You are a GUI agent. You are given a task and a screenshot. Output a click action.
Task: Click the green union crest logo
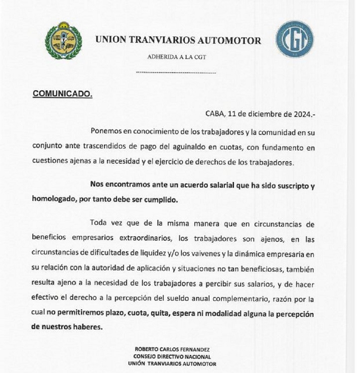point(63,41)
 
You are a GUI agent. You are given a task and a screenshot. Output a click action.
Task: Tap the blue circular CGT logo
point(295,39)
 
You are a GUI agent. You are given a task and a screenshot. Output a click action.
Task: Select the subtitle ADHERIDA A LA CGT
point(176,57)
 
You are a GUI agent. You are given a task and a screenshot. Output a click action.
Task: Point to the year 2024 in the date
point(303,113)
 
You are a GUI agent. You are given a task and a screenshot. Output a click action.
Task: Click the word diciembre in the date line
point(263,113)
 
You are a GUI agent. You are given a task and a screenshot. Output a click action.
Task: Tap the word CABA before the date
point(215,113)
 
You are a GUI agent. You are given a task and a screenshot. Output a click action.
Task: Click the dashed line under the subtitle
point(176,73)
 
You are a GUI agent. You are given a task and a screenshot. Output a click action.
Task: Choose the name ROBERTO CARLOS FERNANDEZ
point(174,350)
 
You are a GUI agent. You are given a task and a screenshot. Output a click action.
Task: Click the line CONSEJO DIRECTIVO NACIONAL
point(174,357)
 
